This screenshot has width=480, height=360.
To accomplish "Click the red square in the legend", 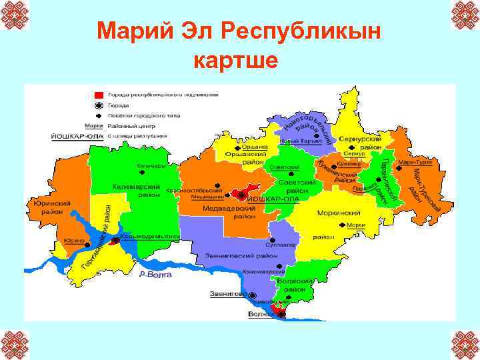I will tap(99, 95).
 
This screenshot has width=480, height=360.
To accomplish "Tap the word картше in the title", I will tap(235, 61).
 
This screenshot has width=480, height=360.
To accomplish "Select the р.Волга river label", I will tap(155, 274).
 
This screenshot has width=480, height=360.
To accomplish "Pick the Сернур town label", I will tap(356, 153).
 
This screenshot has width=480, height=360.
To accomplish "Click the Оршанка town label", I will tap(254, 147).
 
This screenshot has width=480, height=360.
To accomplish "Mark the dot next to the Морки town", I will tap(343, 225).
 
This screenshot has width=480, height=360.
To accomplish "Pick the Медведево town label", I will tap(207, 197).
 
